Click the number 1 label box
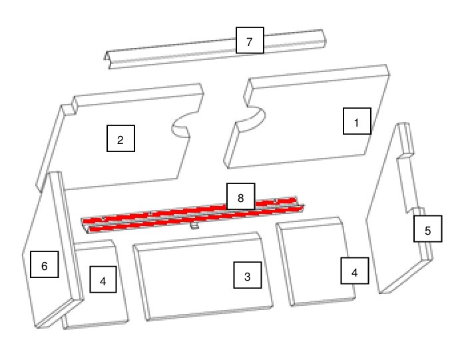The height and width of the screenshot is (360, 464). pyautogui.click(x=357, y=121)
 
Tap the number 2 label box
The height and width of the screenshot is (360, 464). pyautogui.click(x=120, y=139)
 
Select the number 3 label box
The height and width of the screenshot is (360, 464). pyautogui.click(x=248, y=275)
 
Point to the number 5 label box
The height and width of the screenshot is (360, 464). pyautogui.click(x=427, y=229)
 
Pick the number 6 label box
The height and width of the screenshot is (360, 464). pyautogui.click(x=45, y=264)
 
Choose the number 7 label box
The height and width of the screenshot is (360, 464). pyautogui.click(x=250, y=40)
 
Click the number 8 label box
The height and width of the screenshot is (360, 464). pyautogui.click(x=240, y=197)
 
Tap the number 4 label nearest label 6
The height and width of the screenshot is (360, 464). pyautogui.click(x=103, y=279)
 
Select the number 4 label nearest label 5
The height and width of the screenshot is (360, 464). pyautogui.click(x=355, y=271)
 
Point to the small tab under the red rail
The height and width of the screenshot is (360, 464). pyautogui.click(x=194, y=226)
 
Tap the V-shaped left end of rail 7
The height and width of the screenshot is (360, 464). pyautogui.click(x=108, y=60)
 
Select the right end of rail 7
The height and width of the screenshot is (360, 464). pyautogui.click(x=324, y=39)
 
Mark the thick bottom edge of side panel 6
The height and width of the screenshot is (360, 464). pyautogui.click(x=59, y=313)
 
